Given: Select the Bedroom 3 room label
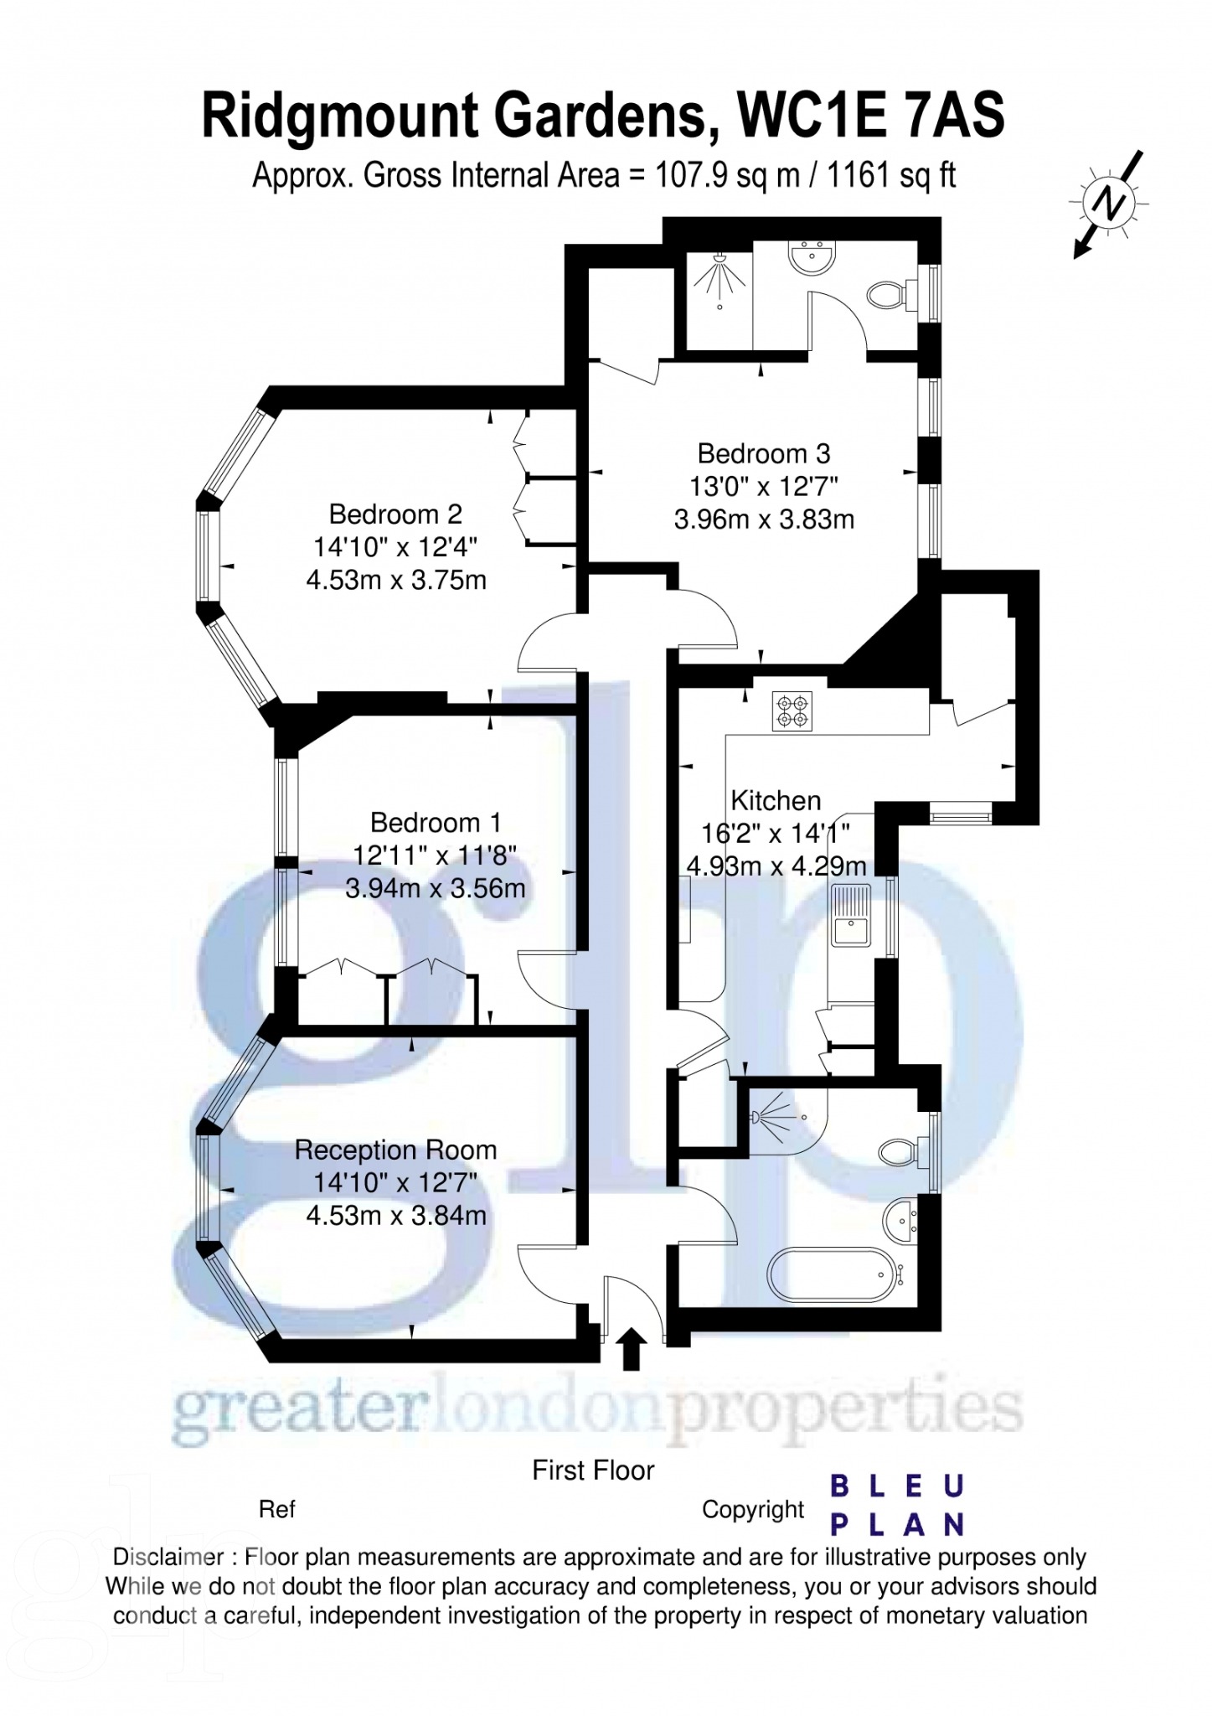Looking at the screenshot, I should pyautogui.click(x=763, y=454).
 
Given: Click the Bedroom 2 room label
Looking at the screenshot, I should pyautogui.click(x=395, y=514).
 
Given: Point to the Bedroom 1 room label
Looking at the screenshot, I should pyautogui.click(x=435, y=823).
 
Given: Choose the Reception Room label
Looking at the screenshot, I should pyautogui.click(x=395, y=1150).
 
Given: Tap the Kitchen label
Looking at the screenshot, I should pyautogui.click(x=776, y=801).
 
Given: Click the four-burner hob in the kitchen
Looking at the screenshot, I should pyautogui.click(x=792, y=711).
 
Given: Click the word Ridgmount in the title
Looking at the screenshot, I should pyautogui.click(x=339, y=116).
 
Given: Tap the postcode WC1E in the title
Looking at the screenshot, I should pyautogui.click(x=808, y=116).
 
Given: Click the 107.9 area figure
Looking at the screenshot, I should pyautogui.click(x=693, y=176).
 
